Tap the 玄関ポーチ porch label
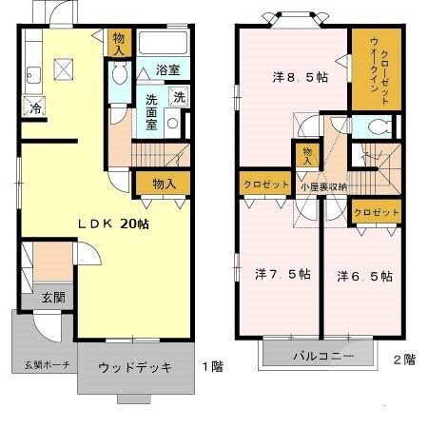click(41, 364)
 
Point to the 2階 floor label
click(402, 360)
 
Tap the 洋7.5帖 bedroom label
click(282, 274)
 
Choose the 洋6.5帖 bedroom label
click(364, 276)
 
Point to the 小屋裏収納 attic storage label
click(323, 186)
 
